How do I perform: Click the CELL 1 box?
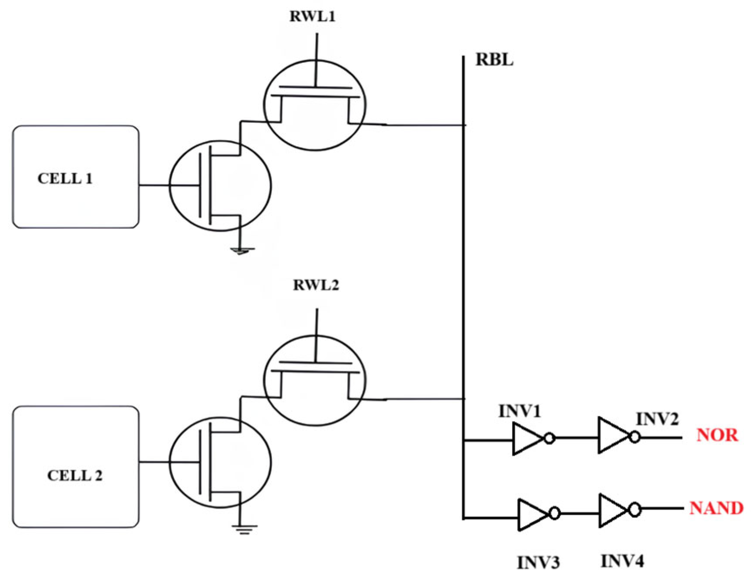(76, 177)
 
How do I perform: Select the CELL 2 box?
(76, 467)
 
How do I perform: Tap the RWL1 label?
(312, 16)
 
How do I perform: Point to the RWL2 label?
(316, 285)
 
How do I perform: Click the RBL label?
(494, 59)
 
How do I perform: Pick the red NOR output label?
(717, 435)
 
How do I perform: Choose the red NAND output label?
(716, 508)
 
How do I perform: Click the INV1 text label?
(519, 411)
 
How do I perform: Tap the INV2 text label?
(657, 419)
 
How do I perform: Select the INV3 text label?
(539, 563)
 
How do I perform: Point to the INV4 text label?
(622, 561)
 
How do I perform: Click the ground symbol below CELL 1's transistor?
(242, 251)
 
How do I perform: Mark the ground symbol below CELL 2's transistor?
(244, 529)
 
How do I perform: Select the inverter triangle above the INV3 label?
(532, 514)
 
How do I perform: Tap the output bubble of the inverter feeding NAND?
(635, 510)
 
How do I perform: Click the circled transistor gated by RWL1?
(315, 105)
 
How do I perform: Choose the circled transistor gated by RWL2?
(315, 380)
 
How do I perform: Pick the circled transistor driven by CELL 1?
(220, 186)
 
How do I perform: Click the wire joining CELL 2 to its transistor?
(154, 462)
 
